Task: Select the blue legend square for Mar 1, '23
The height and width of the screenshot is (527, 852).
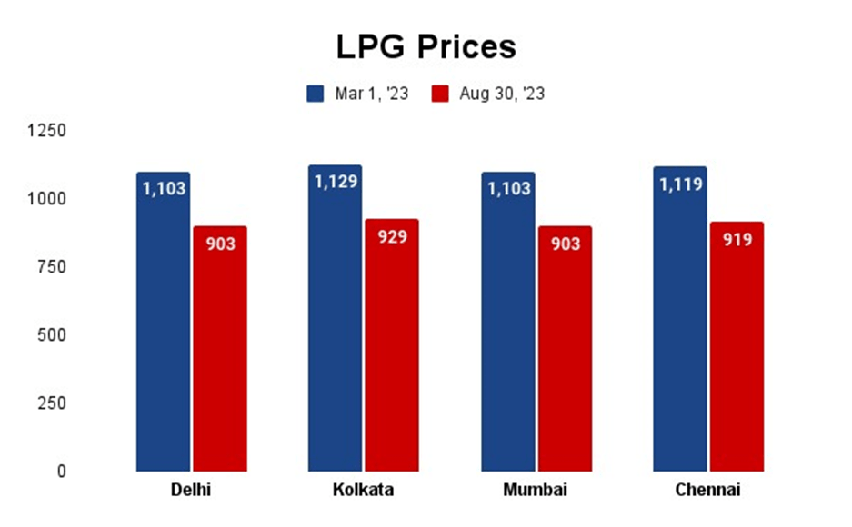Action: tap(316, 94)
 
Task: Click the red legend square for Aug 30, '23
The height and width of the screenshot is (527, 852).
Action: tap(440, 94)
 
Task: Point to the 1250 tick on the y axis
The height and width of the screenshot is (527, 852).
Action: tap(47, 131)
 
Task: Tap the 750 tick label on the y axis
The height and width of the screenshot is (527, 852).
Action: tap(52, 267)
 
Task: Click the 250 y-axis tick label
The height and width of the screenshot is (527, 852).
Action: tap(52, 403)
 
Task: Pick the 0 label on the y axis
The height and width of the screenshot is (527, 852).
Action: tap(60, 472)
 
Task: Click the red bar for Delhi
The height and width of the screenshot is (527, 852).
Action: tap(220, 354)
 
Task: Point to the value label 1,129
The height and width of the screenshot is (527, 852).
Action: tap(336, 182)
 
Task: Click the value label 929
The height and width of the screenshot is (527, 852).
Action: tap(392, 237)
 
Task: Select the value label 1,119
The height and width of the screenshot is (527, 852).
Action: tap(680, 184)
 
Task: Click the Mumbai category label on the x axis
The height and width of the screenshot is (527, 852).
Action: tap(535, 491)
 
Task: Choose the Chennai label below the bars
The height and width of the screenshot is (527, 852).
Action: tap(707, 491)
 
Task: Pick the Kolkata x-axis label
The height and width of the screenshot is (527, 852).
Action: tap(363, 491)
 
